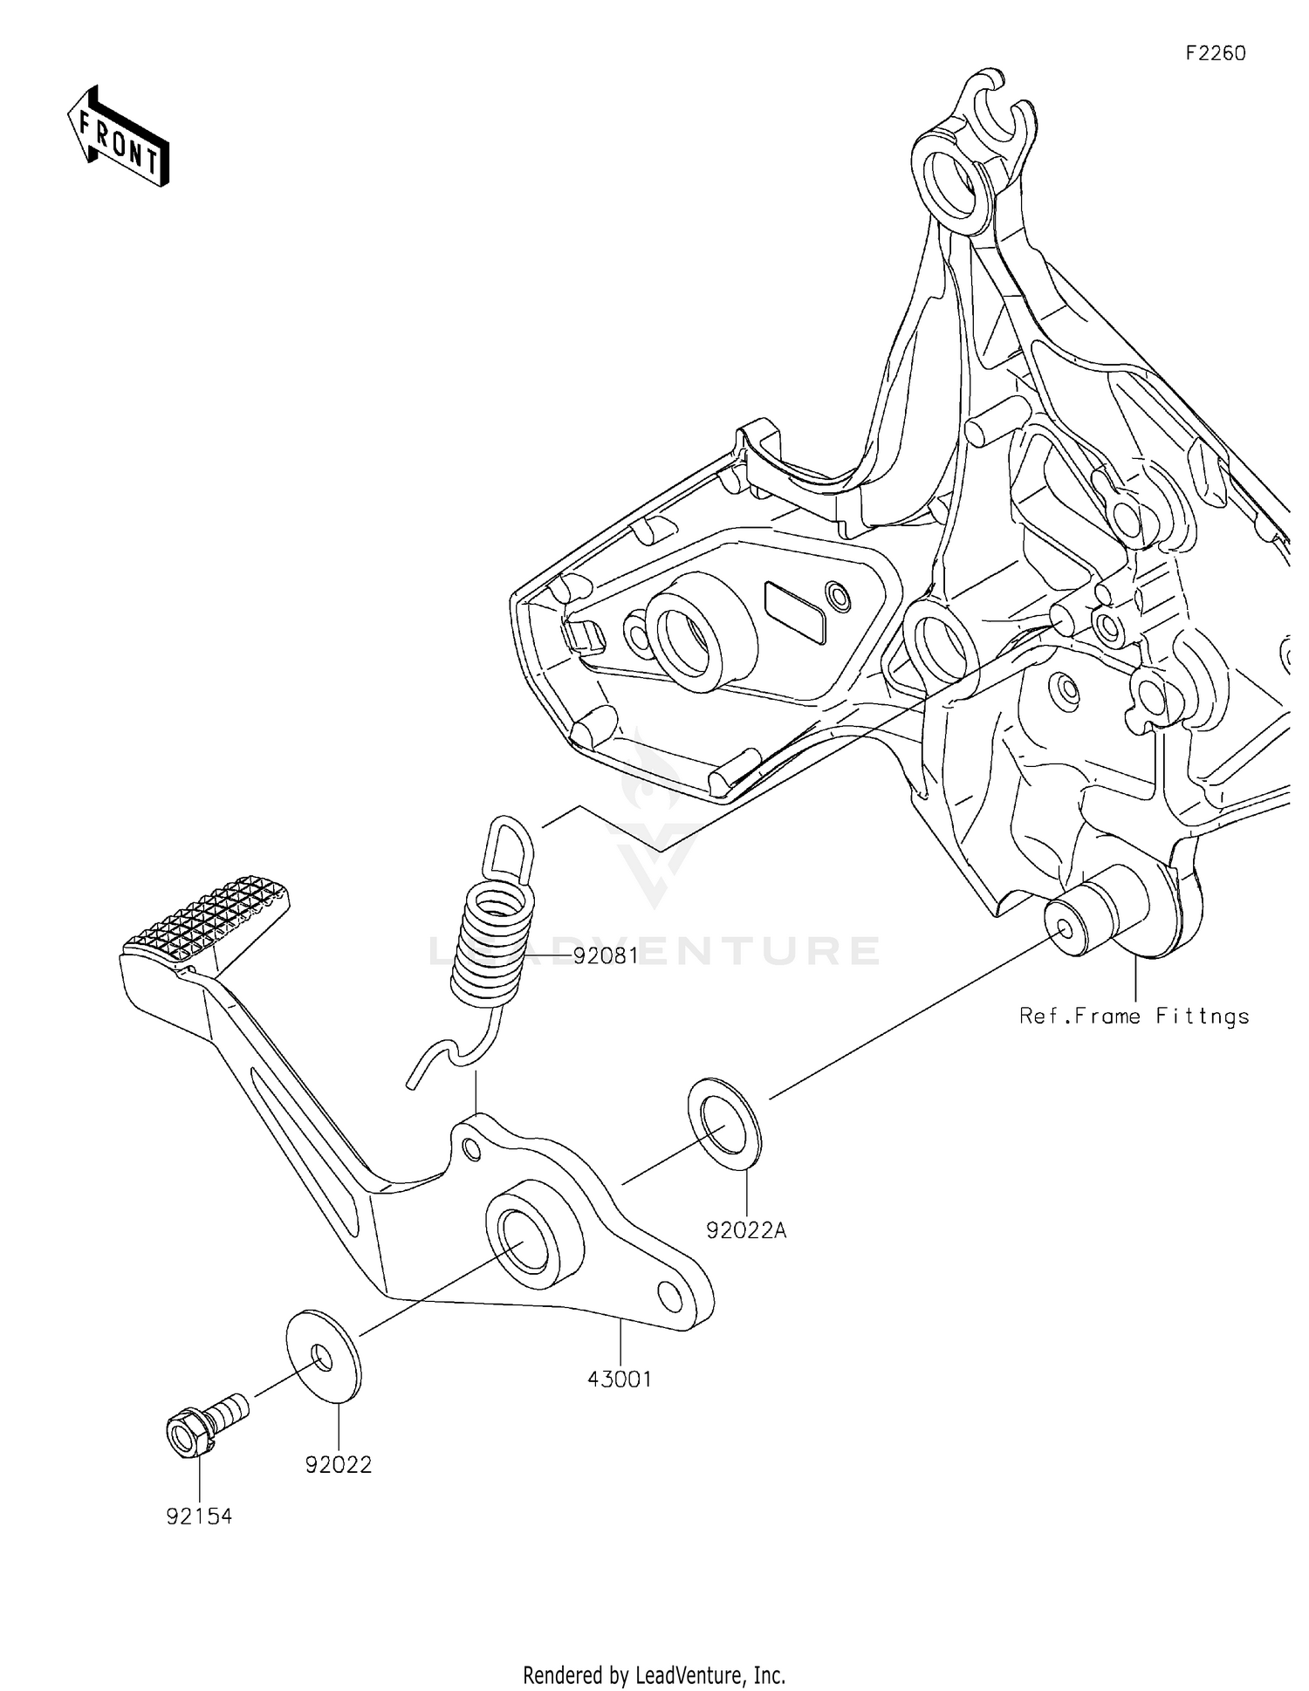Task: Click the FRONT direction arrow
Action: (118, 138)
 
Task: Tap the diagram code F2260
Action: (1216, 53)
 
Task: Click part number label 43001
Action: (620, 1379)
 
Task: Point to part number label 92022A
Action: (746, 1230)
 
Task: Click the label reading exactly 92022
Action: (339, 1465)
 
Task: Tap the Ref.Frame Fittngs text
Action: (1134, 1016)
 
